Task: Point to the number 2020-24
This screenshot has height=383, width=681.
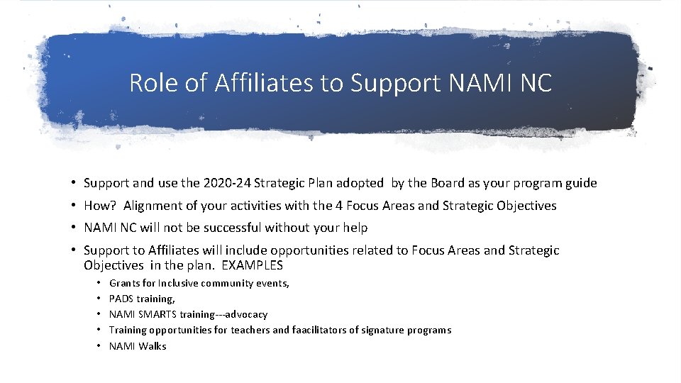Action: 230,183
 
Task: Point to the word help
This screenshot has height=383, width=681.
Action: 355,228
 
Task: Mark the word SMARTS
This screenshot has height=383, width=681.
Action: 158,314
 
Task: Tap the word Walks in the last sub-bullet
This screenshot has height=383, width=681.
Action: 153,345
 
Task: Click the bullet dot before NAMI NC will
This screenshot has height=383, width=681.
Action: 74,228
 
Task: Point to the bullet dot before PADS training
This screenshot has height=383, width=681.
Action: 99,299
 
